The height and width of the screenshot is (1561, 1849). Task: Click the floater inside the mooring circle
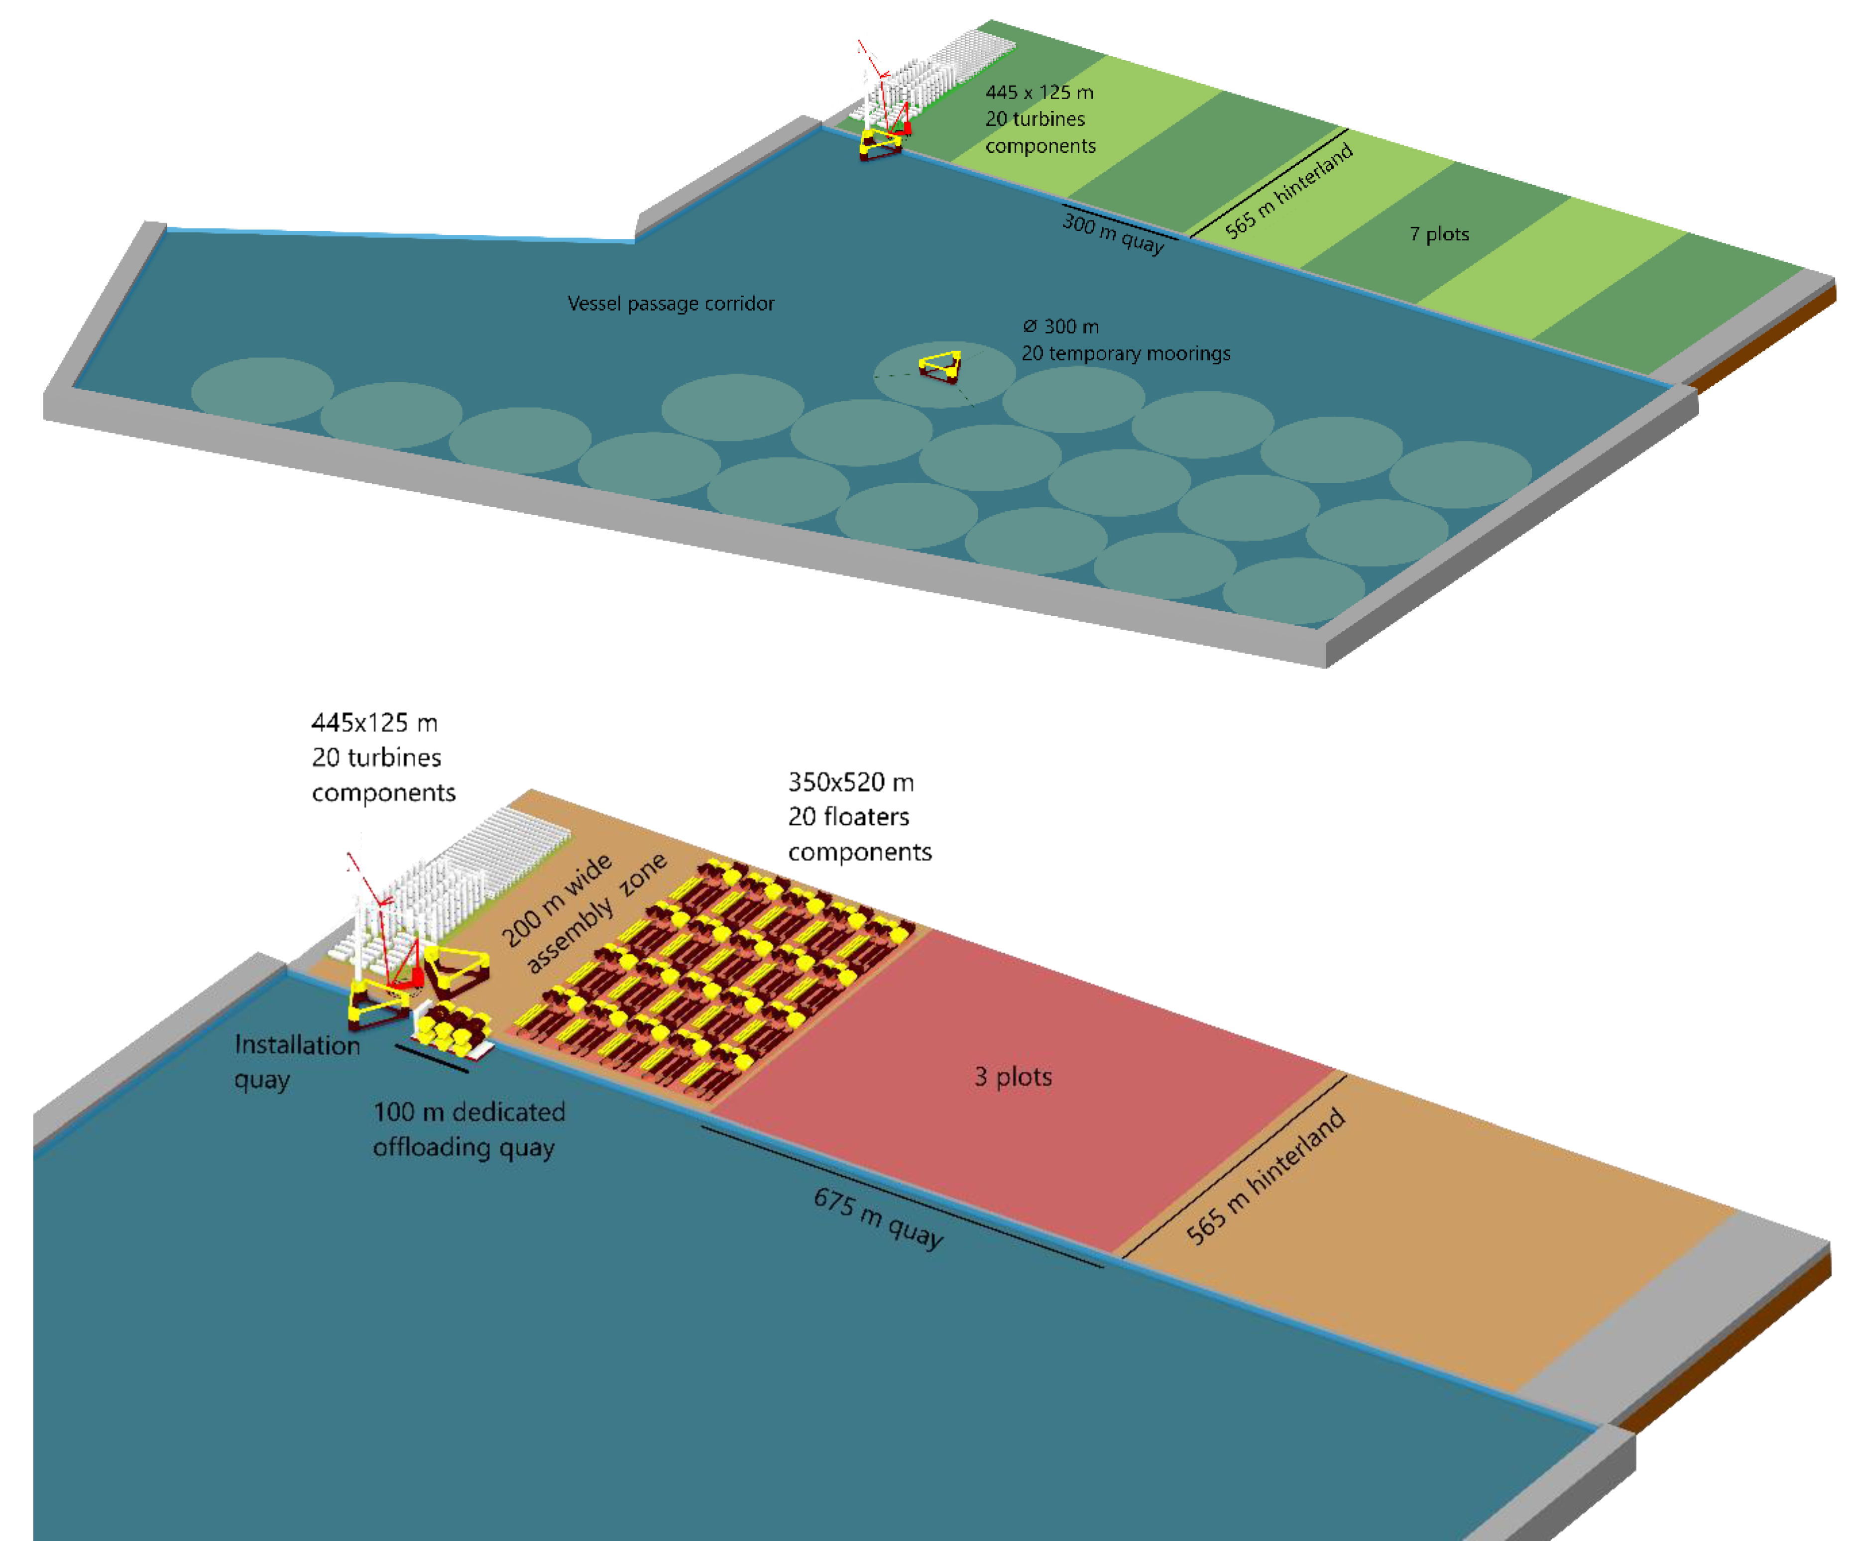(x=940, y=365)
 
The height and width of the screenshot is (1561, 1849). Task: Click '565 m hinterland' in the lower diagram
(x=1265, y=1176)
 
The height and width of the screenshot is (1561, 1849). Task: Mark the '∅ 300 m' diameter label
(x=1060, y=327)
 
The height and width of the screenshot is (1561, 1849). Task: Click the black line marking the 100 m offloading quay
(x=431, y=1058)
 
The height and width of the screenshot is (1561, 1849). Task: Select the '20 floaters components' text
(x=859, y=834)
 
